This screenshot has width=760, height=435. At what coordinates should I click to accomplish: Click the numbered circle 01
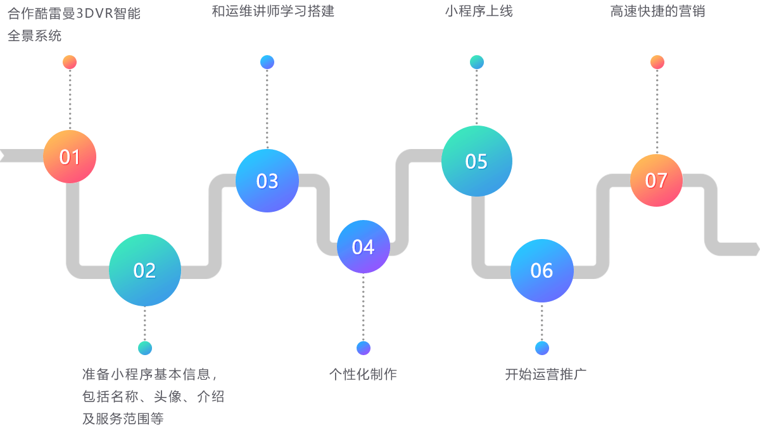(70, 157)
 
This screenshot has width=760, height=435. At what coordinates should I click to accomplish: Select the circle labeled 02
(144, 270)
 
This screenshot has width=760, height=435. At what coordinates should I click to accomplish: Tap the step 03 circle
(267, 181)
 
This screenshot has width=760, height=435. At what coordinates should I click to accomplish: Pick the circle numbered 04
(363, 247)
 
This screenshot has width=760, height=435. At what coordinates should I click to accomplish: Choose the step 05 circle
(476, 161)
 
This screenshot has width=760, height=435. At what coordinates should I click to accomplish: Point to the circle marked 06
(541, 271)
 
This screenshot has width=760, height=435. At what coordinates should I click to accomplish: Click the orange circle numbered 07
(656, 181)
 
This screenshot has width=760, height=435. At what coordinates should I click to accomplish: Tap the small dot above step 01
(70, 62)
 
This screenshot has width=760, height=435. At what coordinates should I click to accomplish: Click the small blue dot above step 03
(267, 62)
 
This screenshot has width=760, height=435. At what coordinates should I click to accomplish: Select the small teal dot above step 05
(477, 62)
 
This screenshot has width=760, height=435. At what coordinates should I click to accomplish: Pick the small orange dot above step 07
(657, 62)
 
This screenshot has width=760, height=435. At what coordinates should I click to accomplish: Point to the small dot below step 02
(145, 348)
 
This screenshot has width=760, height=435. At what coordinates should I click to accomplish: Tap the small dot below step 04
(364, 348)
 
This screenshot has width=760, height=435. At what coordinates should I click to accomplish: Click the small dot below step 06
(541, 348)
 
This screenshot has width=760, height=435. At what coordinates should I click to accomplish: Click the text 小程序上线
(479, 11)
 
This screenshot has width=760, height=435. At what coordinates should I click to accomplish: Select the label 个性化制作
(363, 374)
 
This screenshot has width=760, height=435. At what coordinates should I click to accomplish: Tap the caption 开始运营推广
(546, 374)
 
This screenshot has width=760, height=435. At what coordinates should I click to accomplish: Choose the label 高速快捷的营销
(657, 11)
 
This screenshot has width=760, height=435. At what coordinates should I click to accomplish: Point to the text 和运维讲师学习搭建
(273, 11)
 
